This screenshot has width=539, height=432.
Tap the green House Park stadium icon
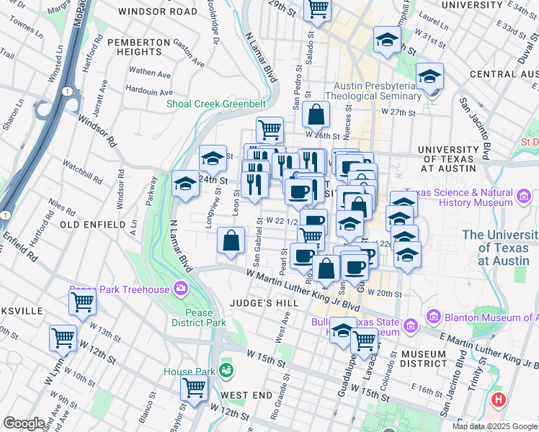coord(227,371)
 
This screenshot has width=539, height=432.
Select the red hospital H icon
coord(497,399)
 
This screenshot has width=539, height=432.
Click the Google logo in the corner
coord(24,423)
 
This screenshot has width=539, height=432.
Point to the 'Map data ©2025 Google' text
coord(494,426)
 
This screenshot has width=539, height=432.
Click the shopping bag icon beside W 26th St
coord(316,114)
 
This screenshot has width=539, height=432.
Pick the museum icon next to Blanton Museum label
coord(434,316)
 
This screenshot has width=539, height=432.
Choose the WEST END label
coord(246,395)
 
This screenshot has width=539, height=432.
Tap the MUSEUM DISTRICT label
coord(424,360)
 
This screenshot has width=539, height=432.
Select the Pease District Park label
coord(199,318)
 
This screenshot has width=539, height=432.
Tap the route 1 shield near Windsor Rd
coord(66,91)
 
